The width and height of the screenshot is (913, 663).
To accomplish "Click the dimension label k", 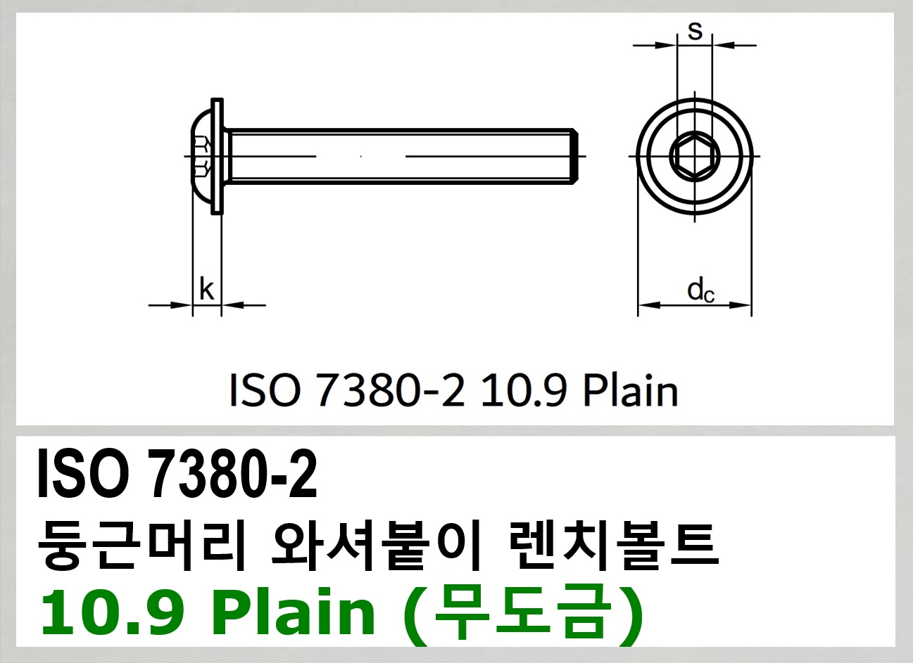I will [206, 289].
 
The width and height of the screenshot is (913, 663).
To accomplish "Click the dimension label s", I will [695, 30].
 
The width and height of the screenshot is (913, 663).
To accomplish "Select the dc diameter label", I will [700, 290].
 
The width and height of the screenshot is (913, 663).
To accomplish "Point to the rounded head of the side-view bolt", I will [201, 156].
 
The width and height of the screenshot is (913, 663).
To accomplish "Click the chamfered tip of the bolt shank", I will [574, 156].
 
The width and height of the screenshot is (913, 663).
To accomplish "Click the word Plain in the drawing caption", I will [631, 391].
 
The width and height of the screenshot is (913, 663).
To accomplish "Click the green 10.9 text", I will [113, 612].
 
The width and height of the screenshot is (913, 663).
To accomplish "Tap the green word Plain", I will [294, 612].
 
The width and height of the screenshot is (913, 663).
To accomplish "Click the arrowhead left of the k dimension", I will [183, 305].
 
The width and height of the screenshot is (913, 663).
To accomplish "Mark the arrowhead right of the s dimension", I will [722, 46].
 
